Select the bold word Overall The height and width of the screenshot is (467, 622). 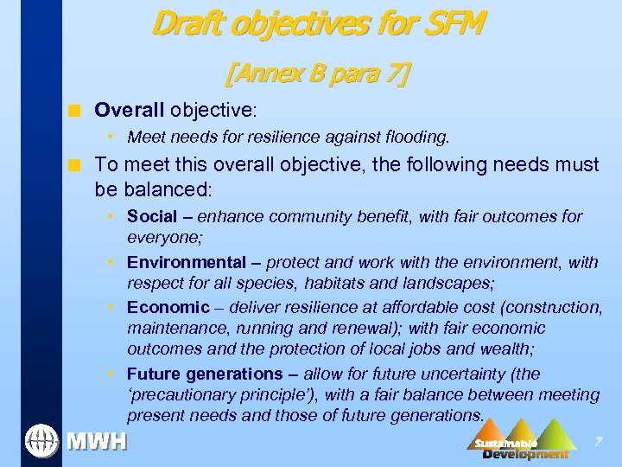coord(130,110)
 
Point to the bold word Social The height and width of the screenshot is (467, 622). coord(151,216)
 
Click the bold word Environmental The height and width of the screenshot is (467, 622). coord(186,262)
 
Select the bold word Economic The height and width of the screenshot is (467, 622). coord(168,307)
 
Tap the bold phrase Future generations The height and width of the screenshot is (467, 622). coord(205,374)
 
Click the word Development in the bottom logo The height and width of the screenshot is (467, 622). coord(525,454)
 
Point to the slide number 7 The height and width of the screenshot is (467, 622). coord(598,443)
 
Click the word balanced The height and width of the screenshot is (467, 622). coord(162,188)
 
